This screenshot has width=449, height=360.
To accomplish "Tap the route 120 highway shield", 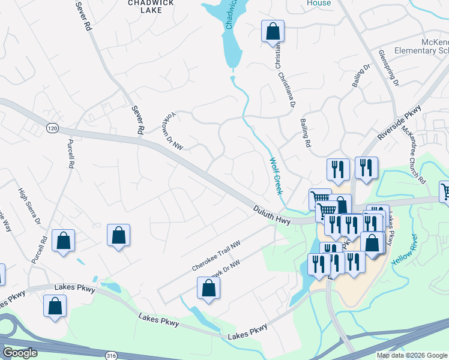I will click(x=52, y=128).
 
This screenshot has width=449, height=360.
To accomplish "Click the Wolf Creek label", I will click(x=276, y=176).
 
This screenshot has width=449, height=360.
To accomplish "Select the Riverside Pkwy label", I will click(x=399, y=124).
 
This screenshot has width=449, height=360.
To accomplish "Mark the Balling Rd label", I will click(x=306, y=133).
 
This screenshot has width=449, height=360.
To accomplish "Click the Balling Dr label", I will click(x=360, y=79).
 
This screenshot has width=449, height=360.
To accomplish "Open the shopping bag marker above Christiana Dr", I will click(x=273, y=31).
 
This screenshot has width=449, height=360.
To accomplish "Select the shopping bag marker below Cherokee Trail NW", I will click(x=208, y=287).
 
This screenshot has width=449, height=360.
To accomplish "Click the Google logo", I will click(x=20, y=353).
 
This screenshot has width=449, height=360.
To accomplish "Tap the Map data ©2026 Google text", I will click(x=411, y=355).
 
